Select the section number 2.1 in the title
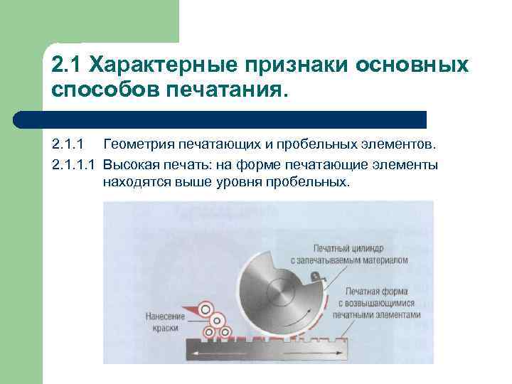tap(65, 65)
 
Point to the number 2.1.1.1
tap(74, 165)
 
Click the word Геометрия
tap(136, 146)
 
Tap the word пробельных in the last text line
tap(310, 182)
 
